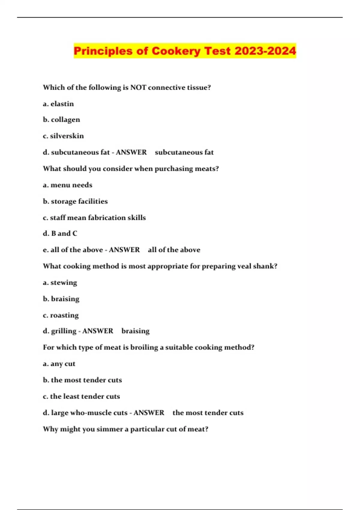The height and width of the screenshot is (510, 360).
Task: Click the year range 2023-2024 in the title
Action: (265, 51)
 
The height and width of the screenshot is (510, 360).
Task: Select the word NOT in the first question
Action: (138, 88)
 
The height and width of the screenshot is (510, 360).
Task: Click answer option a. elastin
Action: (58, 104)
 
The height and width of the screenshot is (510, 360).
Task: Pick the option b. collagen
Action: (61, 120)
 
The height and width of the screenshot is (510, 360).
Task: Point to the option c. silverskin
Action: (63, 136)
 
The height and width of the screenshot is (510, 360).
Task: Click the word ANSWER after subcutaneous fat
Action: (131, 152)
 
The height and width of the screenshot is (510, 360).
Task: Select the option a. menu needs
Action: (67, 185)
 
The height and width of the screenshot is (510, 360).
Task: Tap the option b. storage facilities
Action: (75, 201)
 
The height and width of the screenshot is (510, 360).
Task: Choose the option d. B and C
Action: (60, 233)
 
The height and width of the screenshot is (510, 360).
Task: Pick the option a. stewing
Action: (60, 283)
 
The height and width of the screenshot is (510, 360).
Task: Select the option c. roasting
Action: (61, 315)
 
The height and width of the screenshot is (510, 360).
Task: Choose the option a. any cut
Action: (59, 364)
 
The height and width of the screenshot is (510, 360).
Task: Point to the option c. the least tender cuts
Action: (81, 396)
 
